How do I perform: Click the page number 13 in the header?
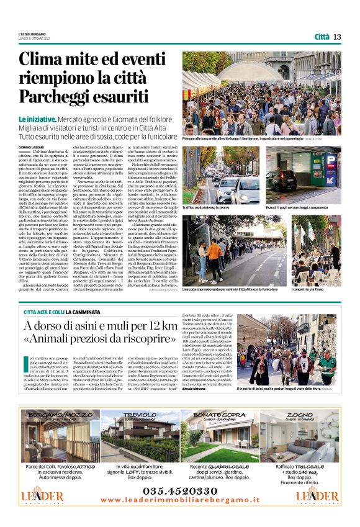tap(337, 37)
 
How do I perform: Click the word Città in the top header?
tap(322, 37)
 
